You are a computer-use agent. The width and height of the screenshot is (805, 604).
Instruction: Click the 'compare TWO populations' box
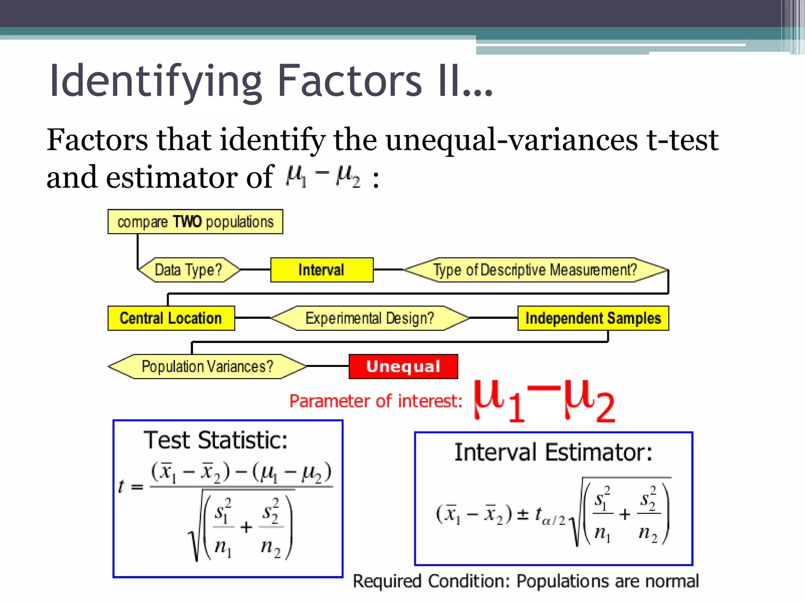[x=195, y=222]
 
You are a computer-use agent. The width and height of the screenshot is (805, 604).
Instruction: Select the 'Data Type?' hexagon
[x=188, y=270]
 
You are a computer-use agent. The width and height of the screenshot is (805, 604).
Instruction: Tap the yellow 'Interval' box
[x=322, y=270]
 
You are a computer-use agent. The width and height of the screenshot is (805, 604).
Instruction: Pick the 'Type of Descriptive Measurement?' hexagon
[x=535, y=270]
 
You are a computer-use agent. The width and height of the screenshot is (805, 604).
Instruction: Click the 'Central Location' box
[x=171, y=318]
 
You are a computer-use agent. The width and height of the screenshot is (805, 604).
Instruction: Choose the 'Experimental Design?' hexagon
[x=370, y=318]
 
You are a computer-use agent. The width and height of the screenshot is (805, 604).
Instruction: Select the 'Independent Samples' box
[x=593, y=318]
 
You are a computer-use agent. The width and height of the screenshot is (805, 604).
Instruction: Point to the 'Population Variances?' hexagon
[x=207, y=366]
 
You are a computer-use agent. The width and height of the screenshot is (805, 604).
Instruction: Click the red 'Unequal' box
[x=403, y=366]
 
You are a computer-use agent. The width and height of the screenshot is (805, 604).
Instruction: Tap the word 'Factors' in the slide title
[x=349, y=81]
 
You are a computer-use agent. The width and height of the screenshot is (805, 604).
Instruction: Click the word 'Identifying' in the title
[x=155, y=81]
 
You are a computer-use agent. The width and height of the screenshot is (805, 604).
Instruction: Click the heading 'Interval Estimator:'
[x=553, y=452]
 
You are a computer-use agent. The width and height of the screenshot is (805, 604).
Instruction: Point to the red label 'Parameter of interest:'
[x=376, y=401]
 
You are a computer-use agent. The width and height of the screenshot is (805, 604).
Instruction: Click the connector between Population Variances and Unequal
[x=327, y=366]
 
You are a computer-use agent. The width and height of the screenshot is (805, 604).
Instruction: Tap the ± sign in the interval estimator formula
[x=522, y=514]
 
